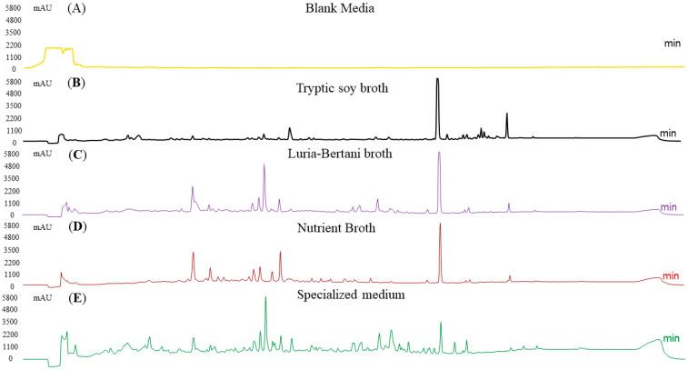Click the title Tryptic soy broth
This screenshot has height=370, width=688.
click(344, 88)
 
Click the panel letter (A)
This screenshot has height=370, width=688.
click(79, 10)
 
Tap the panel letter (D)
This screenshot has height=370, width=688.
click(79, 227)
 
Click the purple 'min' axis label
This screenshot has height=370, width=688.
click(670, 206)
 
